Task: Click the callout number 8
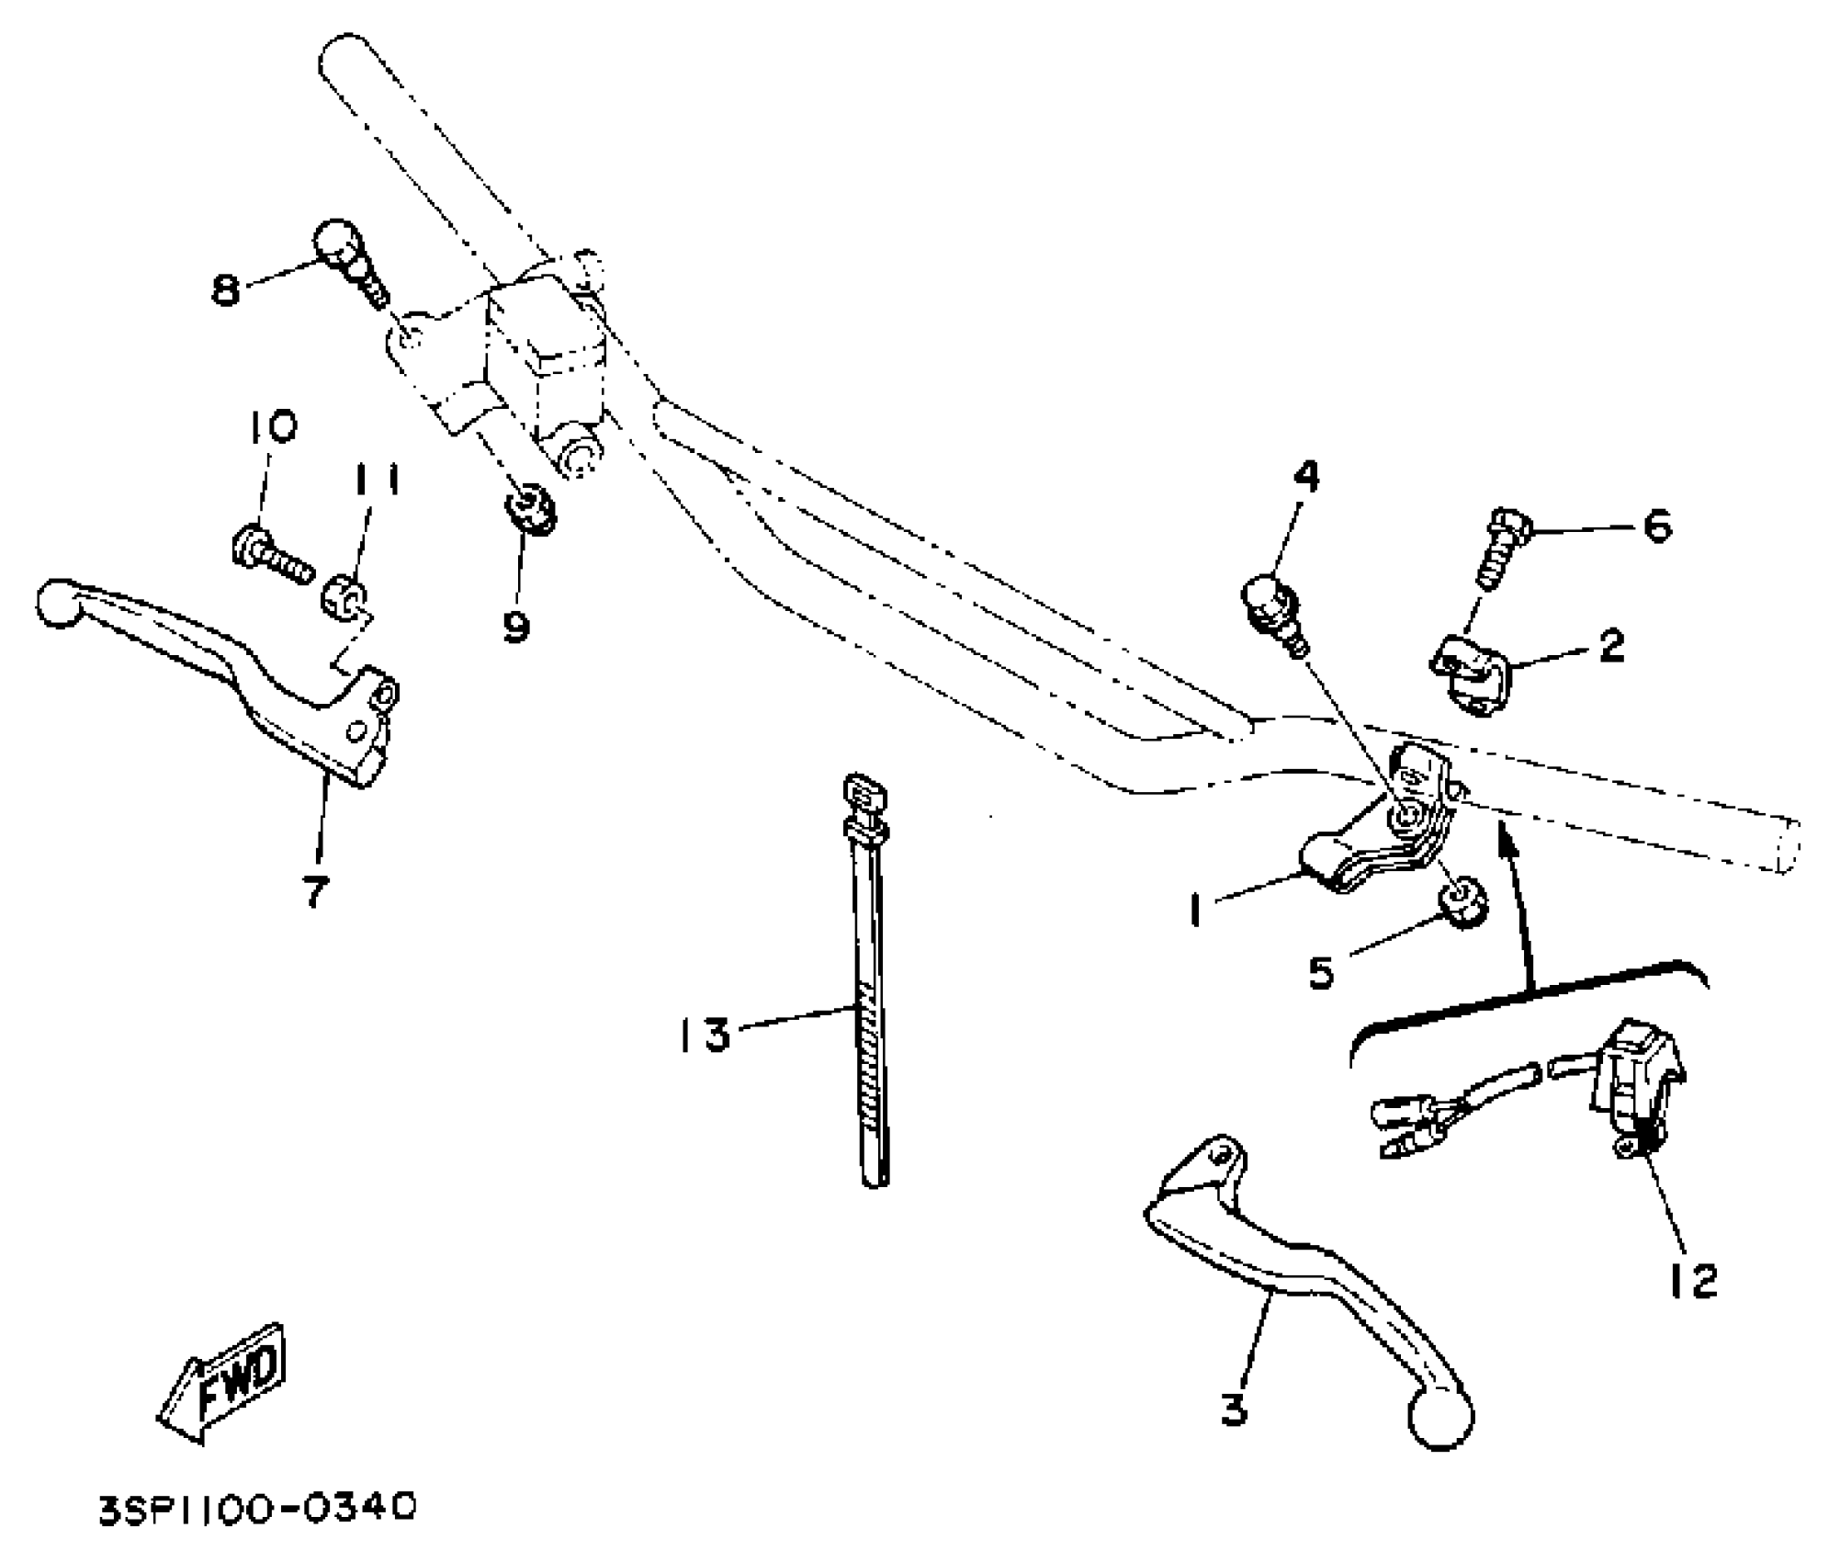click(x=225, y=290)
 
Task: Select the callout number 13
click(x=705, y=1035)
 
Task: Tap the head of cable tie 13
click(x=864, y=791)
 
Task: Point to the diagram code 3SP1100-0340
click(x=258, y=1509)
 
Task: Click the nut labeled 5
click(x=1462, y=905)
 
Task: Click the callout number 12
click(x=1692, y=1281)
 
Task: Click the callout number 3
click(x=1235, y=1408)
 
